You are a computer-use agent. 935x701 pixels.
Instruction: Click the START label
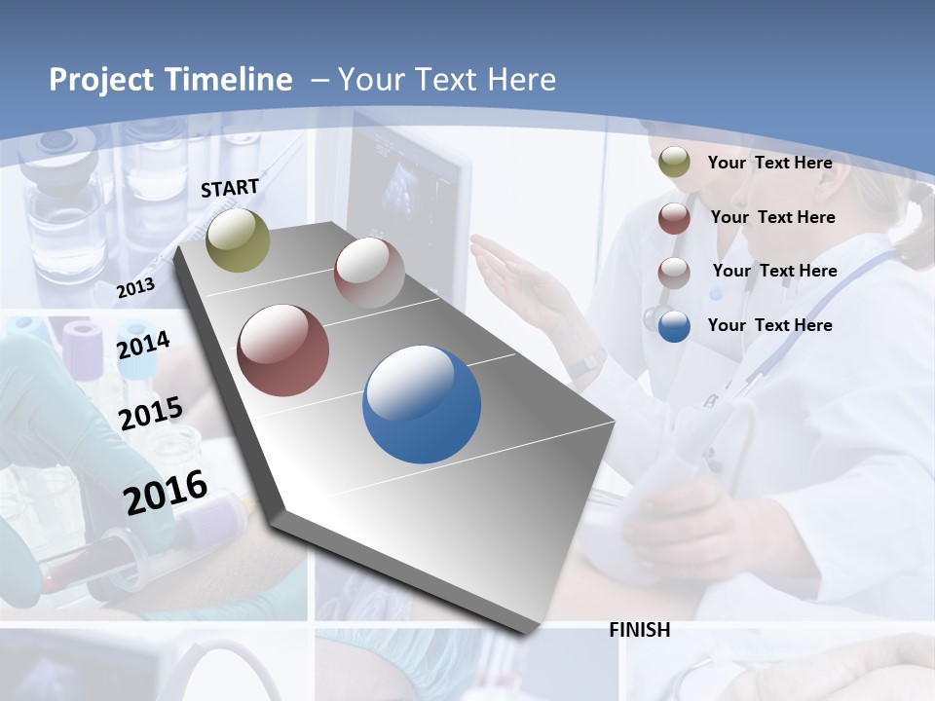click(x=230, y=188)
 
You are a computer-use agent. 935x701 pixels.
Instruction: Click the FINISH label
click(x=639, y=630)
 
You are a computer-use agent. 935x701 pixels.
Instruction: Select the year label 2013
click(x=135, y=288)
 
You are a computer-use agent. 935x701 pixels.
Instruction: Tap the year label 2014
click(x=143, y=345)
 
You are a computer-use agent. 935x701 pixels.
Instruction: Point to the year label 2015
click(x=151, y=414)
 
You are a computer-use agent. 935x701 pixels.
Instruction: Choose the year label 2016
click(x=166, y=492)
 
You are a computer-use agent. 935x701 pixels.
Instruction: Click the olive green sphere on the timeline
click(x=238, y=240)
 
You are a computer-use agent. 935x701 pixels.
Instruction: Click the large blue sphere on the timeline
click(x=422, y=404)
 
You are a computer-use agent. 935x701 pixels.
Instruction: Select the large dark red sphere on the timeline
click(x=283, y=350)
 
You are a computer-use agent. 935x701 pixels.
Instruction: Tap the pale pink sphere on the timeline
click(x=369, y=272)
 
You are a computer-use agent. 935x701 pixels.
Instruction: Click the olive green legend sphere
click(x=674, y=163)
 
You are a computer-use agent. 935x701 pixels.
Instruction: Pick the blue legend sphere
click(x=674, y=326)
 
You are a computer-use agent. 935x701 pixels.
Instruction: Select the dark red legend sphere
click(x=674, y=218)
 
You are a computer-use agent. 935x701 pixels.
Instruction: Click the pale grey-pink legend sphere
click(x=674, y=272)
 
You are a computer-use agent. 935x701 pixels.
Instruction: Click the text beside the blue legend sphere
click(x=769, y=325)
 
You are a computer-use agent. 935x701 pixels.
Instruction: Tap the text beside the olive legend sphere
click(x=769, y=163)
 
